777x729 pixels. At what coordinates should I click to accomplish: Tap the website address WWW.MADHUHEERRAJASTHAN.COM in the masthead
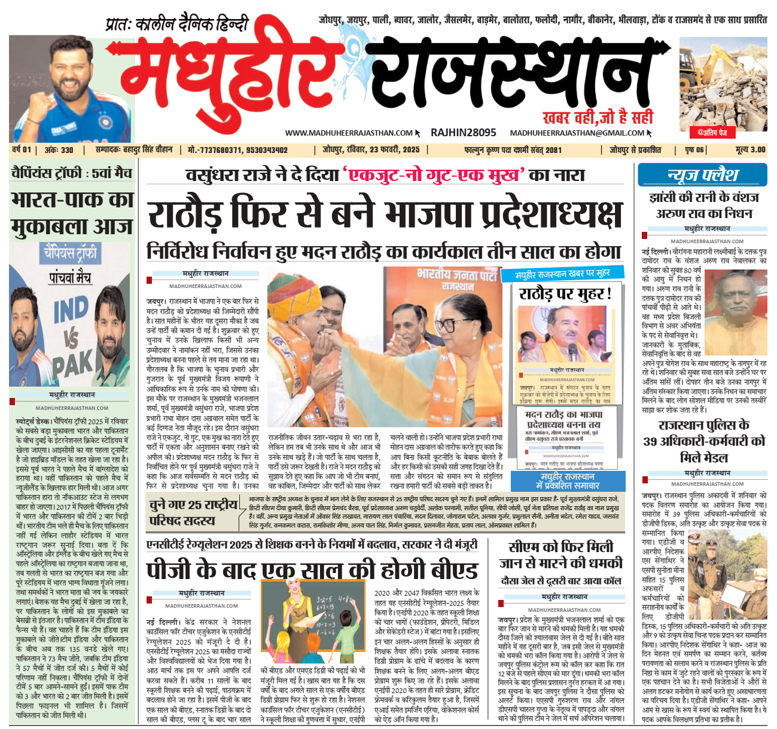[x=349, y=133]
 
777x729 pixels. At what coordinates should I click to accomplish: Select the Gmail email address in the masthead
[x=577, y=133]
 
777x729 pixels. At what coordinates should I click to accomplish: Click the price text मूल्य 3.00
[x=750, y=150]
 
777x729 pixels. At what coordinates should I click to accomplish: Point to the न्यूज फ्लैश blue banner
[x=702, y=175]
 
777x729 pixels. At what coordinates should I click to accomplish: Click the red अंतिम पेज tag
[x=715, y=132]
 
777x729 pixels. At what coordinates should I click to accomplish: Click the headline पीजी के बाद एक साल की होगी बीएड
[x=312, y=570]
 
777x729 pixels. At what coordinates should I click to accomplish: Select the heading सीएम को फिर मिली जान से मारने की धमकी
[x=561, y=555]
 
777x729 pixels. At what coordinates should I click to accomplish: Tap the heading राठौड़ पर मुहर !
[x=565, y=294]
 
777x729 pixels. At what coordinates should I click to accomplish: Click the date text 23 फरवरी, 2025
[x=394, y=150]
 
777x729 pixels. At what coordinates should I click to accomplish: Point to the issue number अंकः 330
[x=59, y=150]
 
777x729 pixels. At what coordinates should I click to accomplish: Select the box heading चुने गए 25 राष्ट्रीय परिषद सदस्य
[x=194, y=513]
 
